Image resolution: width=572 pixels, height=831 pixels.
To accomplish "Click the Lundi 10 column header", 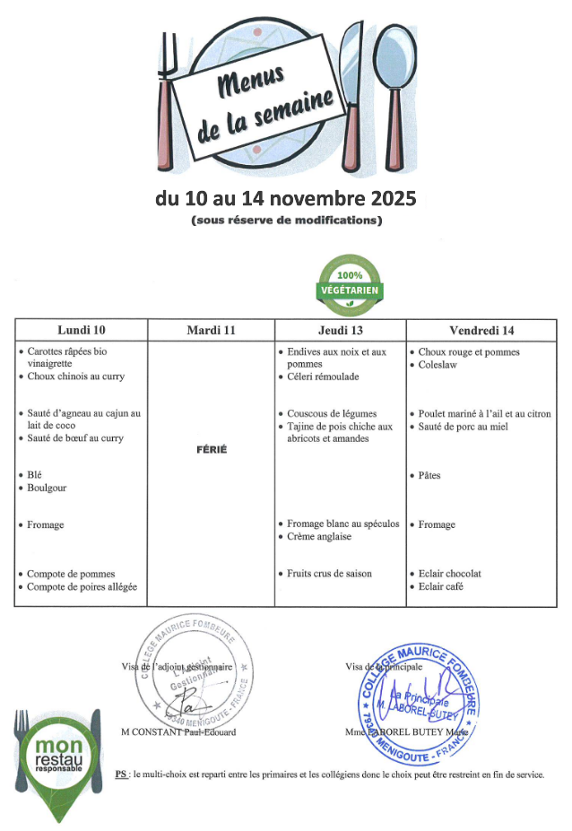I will pyautogui.click(x=81, y=331).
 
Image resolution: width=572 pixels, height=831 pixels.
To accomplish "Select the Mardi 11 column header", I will pyautogui.click(x=212, y=331).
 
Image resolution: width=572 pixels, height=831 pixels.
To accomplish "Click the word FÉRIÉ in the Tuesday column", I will pyautogui.click(x=211, y=449).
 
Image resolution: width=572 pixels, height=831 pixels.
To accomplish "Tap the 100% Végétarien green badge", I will pyautogui.click(x=350, y=286).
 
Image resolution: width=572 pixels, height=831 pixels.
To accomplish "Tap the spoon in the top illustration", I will pyautogui.click(x=394, y=90).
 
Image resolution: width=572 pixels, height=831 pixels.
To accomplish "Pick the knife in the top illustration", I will pyautogui.click(x=351, y=99).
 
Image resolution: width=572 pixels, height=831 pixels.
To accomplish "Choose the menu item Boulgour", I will pyautogui.click(x=47, y=488).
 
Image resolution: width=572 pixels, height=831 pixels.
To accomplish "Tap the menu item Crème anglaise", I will pyautogui.click(x=319, y=537).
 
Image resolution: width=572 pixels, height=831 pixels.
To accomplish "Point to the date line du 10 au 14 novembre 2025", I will pyautogui.click(x=286, y=197).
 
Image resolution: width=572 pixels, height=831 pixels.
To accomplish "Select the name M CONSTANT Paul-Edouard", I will pyautogui.click(x=178, y=732).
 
